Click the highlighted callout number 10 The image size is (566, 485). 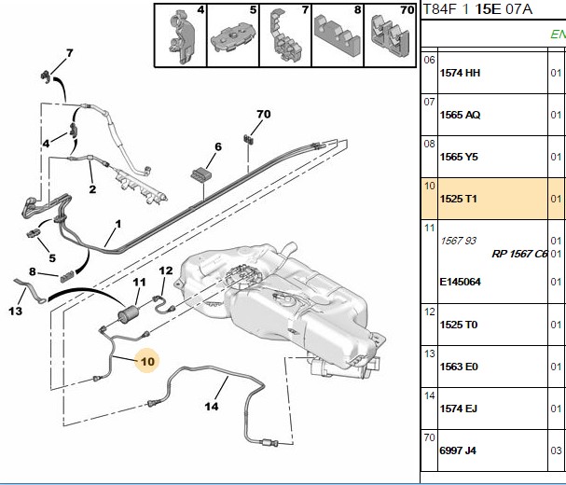pyautogui.click(x=147, y=361)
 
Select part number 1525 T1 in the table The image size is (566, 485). pyautogui.click(x=458, y=199)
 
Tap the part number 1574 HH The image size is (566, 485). pyautogui.click(x=460, y=73)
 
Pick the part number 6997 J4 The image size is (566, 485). pyautogui.click(x=458, y=450)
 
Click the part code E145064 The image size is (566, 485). pyautogui.click(x=460, y=282)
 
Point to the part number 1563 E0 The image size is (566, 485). pyautogui.click(x=459, y=367)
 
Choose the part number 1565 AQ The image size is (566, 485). pyautogui.click(x=460, y=115)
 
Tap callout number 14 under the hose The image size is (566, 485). pyautogui.click(x=212, y=407)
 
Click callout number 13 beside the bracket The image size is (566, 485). pyautogui.click(x=16, y=311)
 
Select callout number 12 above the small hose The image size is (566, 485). pyautogui.click(x=166, y=270)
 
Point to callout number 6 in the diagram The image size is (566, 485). pyautogui.click(x=218, y=146)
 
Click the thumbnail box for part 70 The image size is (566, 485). pyautogui.click(x=390, y=35)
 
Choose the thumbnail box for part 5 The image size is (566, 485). pyautogui.click(x=233, y=35)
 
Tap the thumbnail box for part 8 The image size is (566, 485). pyautogui.click(x=338, y=35)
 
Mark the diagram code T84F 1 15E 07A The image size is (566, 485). pyautogui.click(x=477, y=9)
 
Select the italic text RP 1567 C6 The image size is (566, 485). pyautogui.click(x=519, y=254)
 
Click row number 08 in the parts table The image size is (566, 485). pyautogui.click(x=429, y=144)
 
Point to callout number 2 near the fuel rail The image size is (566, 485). pyautogui.click(x=92, y=189)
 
